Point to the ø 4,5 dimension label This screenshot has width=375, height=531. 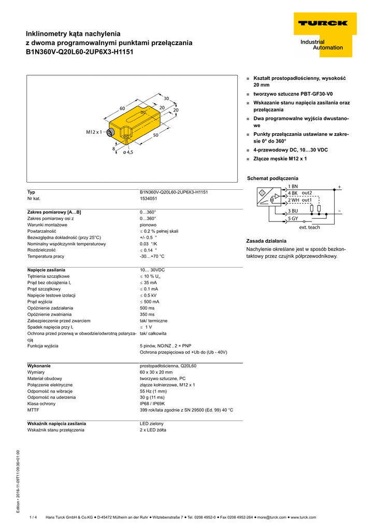pos(128,152)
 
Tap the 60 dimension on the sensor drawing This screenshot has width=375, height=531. pos(123,108)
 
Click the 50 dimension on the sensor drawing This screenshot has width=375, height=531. pos(155,135)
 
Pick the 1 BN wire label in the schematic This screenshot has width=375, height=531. pos(293,186)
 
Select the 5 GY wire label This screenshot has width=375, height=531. pos(293,218)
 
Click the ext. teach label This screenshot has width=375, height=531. pos(310,227)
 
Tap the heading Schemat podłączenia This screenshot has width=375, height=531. pos(272,178)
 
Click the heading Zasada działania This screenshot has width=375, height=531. pos(266,241)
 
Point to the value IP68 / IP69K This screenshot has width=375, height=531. pos(152,403)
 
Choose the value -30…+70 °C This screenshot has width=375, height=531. pos(152,256)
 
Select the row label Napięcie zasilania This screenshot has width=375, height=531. pos(46,270)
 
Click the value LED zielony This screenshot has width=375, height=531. pos(151,424)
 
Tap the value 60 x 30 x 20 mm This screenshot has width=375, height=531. pos(156,372)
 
